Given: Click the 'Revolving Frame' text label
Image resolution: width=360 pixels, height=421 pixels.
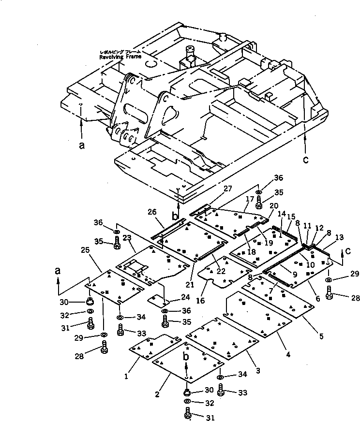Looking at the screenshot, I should tap(120, 57).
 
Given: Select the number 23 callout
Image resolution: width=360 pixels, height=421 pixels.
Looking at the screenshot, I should tap(127, 237).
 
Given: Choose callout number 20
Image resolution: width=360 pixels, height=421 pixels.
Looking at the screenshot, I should tap(273, 205).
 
